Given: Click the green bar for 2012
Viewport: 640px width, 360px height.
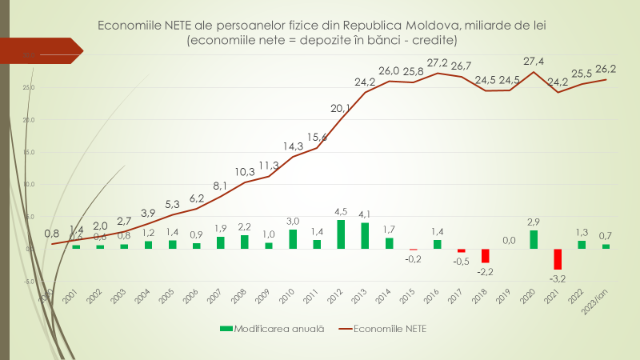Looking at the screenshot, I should tap(341, 234).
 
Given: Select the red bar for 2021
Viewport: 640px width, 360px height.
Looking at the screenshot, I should tap(558, 258).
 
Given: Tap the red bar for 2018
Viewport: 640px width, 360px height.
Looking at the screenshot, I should tap(485, 255).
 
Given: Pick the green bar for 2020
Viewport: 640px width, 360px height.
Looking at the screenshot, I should tap(534, 239).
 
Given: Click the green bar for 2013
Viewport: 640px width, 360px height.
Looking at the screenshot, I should tap(365, 235).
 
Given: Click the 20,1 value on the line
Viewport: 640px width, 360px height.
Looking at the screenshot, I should tap(341, 108).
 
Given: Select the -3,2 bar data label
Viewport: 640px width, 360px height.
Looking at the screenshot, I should tap(557, 279).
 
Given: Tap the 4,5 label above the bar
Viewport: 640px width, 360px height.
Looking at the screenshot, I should tap(341, 211).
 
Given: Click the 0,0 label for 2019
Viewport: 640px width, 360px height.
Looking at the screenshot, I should tap(509, 239).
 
